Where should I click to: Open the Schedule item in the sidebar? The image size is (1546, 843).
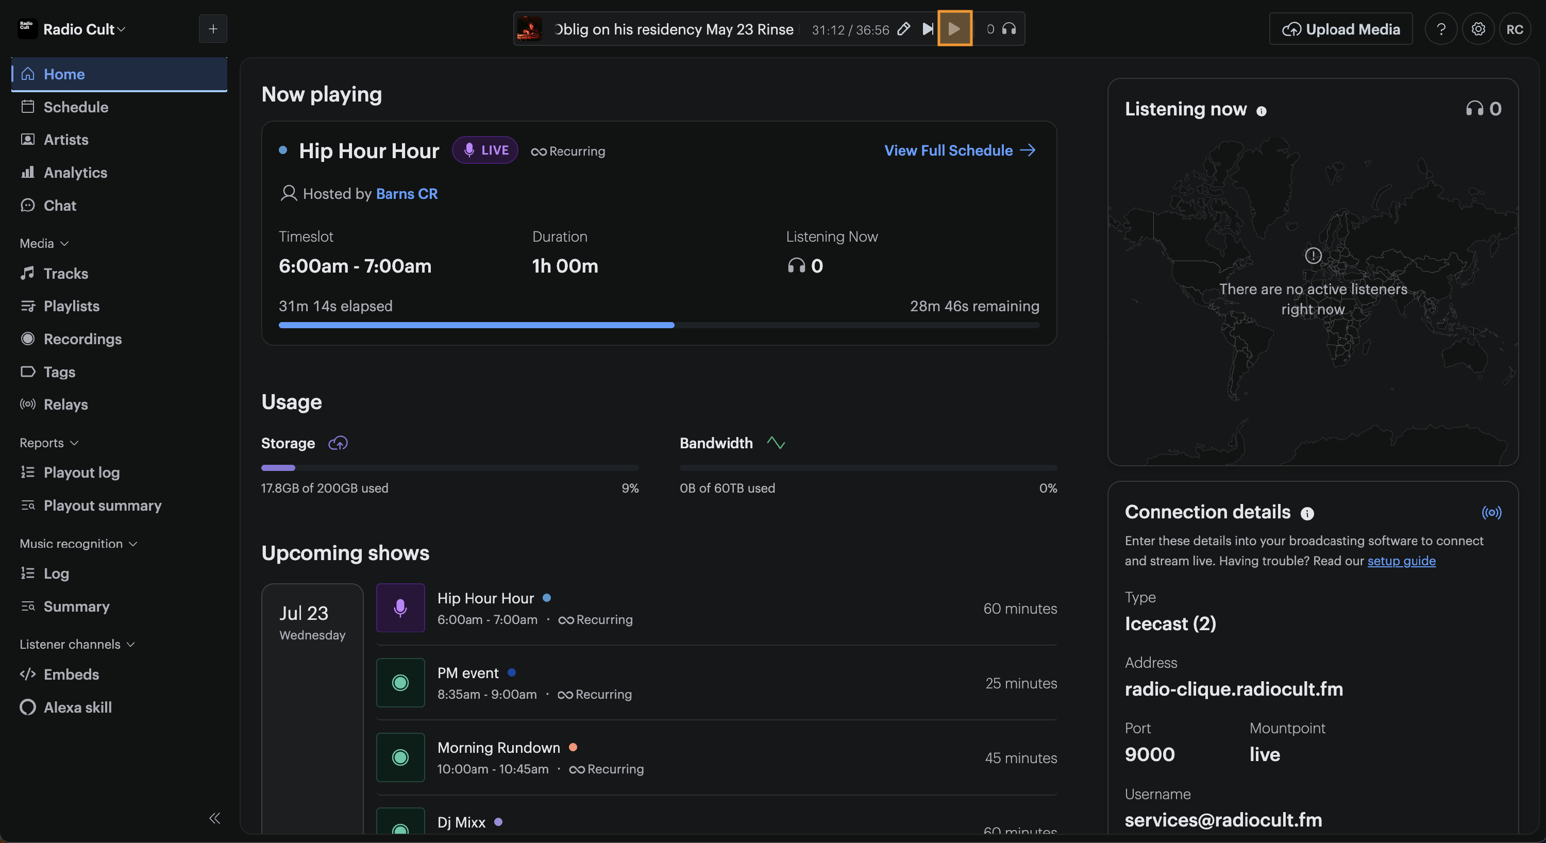76,107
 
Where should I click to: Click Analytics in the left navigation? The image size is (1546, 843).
75,172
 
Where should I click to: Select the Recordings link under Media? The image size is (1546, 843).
82,339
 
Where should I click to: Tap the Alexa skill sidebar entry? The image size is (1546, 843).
77,707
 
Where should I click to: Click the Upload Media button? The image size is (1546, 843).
1341,29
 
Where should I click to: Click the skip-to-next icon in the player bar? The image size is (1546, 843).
927,29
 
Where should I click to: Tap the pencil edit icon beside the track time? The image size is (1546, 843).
903,29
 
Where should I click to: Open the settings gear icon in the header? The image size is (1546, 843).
1478,29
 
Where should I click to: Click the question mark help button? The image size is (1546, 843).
1441,29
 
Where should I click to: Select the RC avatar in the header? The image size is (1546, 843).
1514,29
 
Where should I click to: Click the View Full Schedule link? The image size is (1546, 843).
960,150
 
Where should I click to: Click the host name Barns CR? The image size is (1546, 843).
407,194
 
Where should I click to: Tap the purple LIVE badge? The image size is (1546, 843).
485,150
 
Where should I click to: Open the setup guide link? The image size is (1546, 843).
1401,561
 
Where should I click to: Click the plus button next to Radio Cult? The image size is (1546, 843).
213,29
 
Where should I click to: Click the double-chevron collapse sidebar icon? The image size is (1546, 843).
214,818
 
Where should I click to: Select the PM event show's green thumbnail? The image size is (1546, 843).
400,682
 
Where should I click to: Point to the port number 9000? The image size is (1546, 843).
1149,754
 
